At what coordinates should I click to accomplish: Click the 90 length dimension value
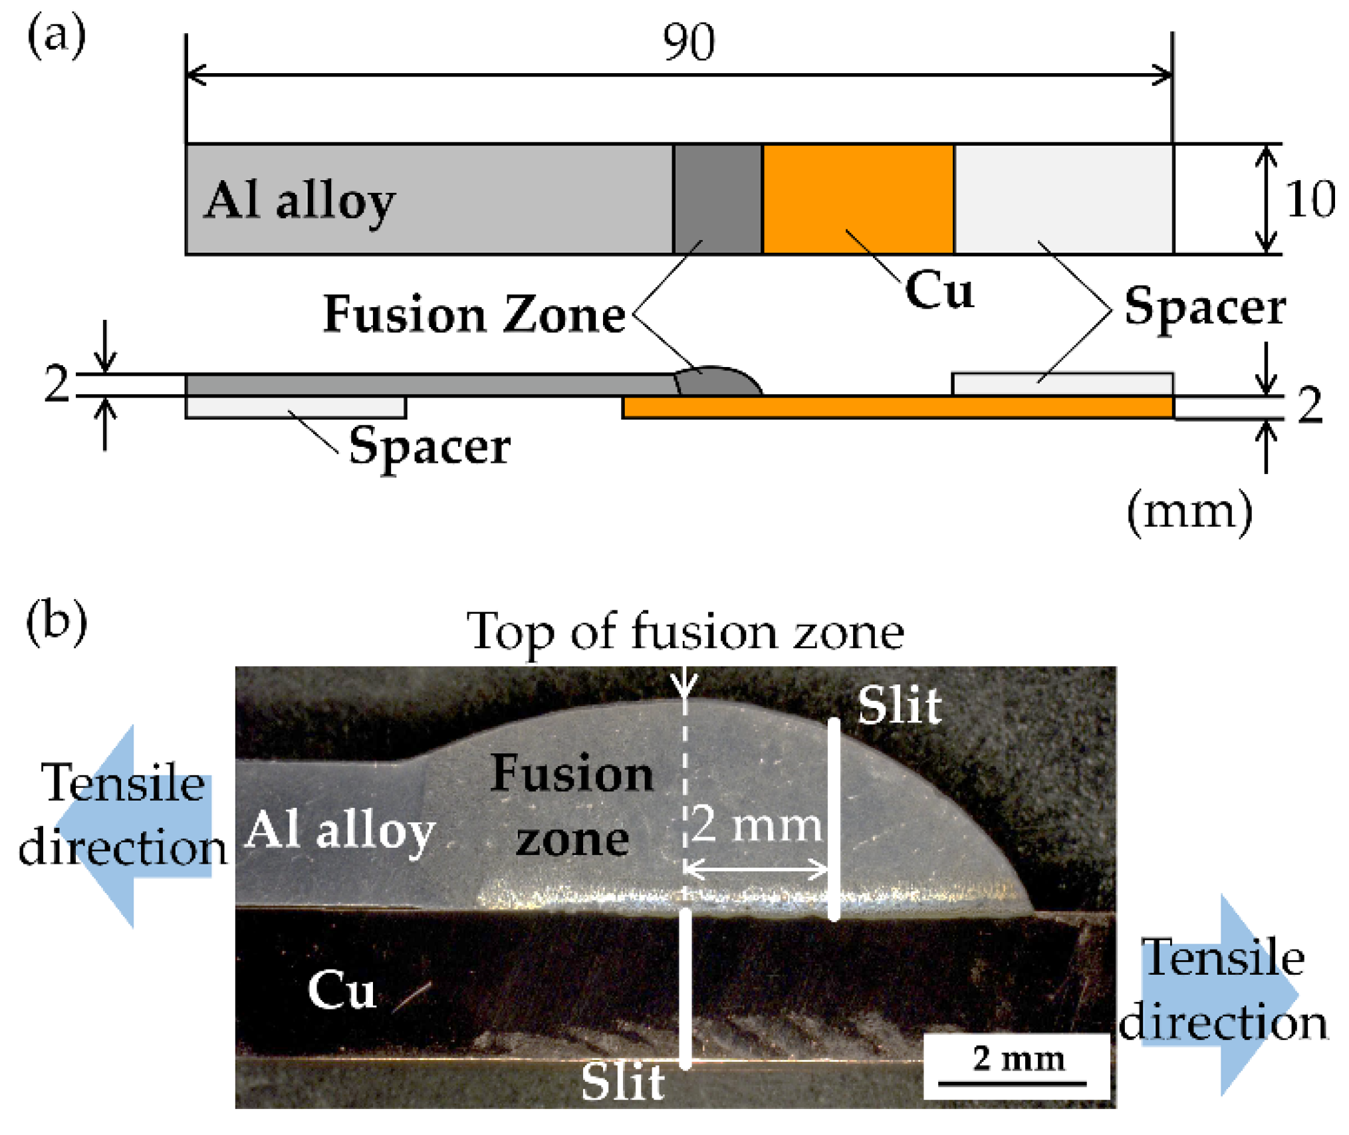tap(689, 43)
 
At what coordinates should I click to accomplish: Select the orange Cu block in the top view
tap(858, 198)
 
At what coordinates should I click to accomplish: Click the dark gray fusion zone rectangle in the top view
tap(717, 198)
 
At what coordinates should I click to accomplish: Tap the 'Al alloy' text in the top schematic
tap(299, 201)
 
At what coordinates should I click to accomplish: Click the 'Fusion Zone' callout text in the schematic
tap(473, 315)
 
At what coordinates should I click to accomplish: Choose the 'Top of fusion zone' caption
tap(685, 631)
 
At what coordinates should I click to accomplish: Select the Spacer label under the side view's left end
tap(429, 446)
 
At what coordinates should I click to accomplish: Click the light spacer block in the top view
tap(1063, 198)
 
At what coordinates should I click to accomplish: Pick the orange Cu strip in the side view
tap(898, 407)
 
